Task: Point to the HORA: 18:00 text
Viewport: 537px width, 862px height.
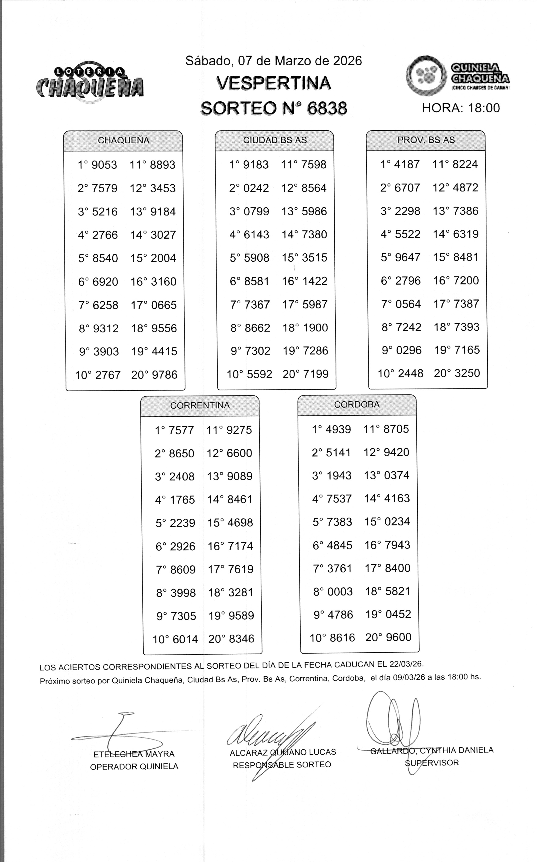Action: [461, 108]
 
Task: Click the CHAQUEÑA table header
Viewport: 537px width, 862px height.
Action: [123, 140]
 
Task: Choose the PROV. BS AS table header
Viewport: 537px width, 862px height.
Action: [426, 140]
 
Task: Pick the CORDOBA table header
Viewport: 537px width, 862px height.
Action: [357, 404]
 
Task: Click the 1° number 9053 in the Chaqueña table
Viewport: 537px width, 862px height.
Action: [104, 165]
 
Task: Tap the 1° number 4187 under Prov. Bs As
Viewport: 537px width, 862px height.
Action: [407, 164]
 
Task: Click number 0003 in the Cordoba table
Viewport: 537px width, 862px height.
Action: [340, 592]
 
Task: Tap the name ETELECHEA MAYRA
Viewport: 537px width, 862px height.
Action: [134, 754]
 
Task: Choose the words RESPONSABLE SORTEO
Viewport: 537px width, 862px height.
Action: [282, 765]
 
